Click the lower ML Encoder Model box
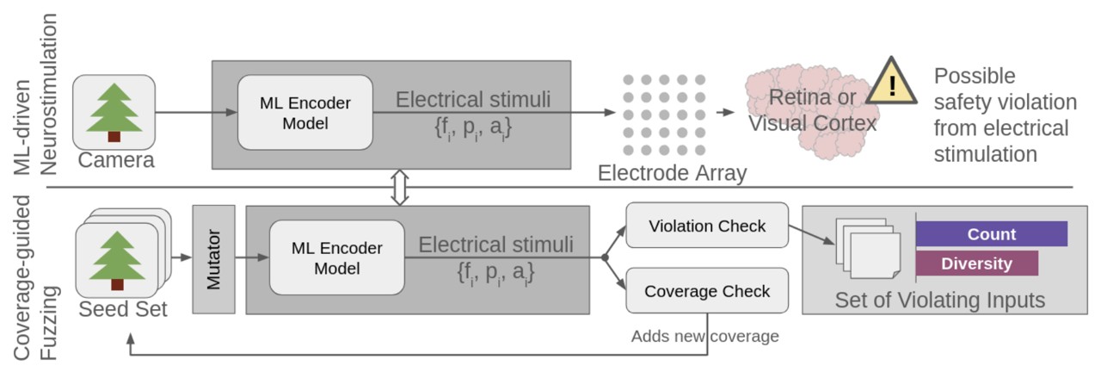[x=336, y=257]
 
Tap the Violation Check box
[x=706, y=226]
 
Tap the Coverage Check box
[x=706, y=291]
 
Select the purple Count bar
[x=991, y=234]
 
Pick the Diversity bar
[x=976, y=263]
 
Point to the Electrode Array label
[x=672, y=173]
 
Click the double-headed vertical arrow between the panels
[x=398, y=187]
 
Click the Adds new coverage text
[x=704, y=336]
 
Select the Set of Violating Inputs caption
[x=939, y=300]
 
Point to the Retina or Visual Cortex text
[x=811, y=111]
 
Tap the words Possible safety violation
[x=1005, y=90]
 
